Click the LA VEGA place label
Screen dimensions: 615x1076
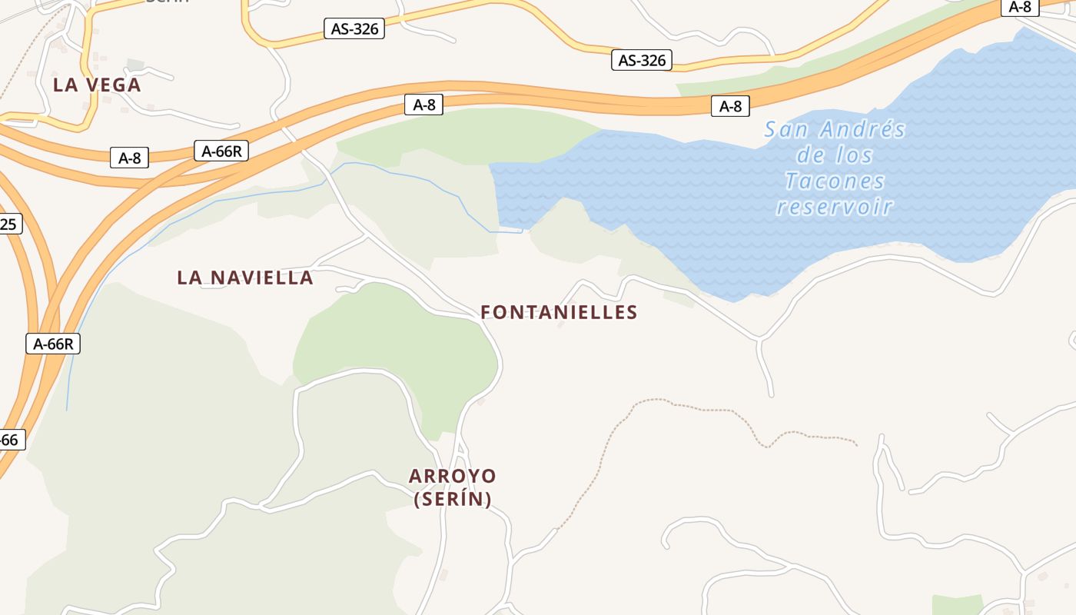point(97,85)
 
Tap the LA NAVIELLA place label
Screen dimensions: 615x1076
point(245,278)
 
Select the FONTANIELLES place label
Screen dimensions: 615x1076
point(559,312)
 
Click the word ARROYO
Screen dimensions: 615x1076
point(453,476)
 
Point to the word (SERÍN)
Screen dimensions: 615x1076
point(453,500)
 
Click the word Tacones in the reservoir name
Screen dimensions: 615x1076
point(835,182)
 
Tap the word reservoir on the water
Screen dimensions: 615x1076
point(835,207)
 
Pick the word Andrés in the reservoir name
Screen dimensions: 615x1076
point(862,129)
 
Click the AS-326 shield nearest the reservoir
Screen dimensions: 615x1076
point(642,60)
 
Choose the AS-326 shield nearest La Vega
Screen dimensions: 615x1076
point(354,29)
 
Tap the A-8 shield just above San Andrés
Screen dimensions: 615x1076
point(729,106)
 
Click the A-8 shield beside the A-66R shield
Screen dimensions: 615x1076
point(129,158)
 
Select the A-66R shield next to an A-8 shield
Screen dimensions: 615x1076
point(221,151)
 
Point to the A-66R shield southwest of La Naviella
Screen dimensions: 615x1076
point(53,344)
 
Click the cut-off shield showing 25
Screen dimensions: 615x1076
point(9,224)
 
